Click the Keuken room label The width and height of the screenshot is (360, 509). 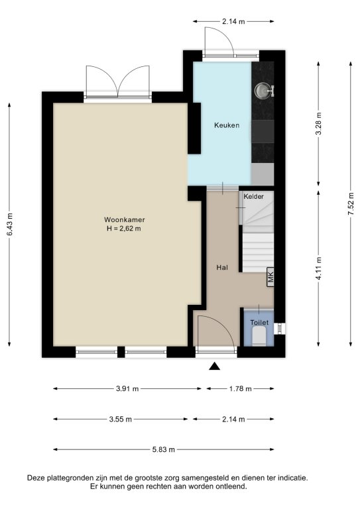click(227, 125)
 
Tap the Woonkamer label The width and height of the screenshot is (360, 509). click(125, 219)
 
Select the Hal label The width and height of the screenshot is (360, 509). click(222, 268)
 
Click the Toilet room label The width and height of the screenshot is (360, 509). click(259, 322)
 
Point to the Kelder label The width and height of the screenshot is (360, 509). click(253, 196)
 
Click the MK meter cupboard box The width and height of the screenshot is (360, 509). click(270, 277)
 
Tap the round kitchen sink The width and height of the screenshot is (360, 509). click(262, 90)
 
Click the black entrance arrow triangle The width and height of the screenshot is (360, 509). click(214, 366)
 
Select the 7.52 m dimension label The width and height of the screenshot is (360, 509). click(351, 204)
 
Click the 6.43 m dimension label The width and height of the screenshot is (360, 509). click(9, 225)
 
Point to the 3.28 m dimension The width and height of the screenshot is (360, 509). click(318, 124)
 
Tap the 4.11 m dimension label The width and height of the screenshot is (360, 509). click(318, 268)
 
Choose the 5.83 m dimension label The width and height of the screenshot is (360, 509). click(164, 449)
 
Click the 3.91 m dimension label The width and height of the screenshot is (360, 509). click(127, 388)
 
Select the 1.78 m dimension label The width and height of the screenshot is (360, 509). click(240, 388)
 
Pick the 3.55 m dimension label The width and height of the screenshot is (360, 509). click(121, 419)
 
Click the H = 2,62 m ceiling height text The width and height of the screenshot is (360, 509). click(124, 228)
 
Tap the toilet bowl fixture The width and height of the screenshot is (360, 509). click(259, 336)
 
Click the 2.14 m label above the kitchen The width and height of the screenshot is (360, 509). click(233, 22)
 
